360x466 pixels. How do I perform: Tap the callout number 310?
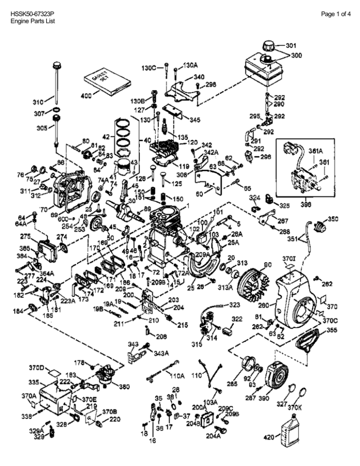click(x=38, y=101)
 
